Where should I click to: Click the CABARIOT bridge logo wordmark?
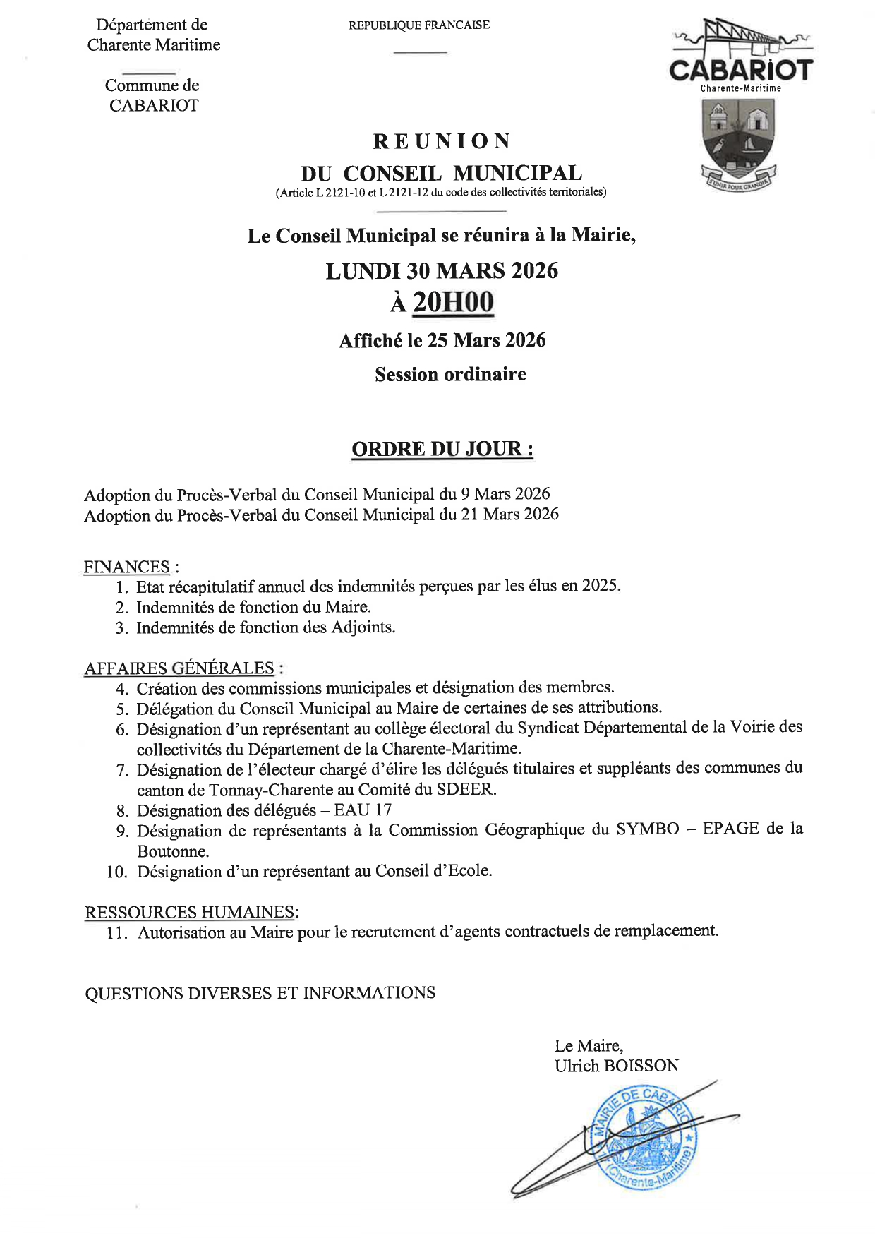[x=740, y=70]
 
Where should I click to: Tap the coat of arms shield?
[x=738, y=137]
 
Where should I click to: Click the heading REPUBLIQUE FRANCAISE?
[x=418, y=25]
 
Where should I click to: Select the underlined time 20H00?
[x=452, y=302]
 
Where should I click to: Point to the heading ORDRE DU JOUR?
[x=442, y=449]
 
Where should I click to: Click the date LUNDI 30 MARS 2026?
[x=442, y=271]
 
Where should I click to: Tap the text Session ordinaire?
[x=450, y=374]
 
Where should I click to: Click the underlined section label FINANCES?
[x=127, y=567]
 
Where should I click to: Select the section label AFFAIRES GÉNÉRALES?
[x=179, y=668]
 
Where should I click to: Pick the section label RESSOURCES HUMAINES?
[x=189, y=912]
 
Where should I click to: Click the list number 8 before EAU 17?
[x=122, y=811]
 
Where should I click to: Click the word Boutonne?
[x=173, y=851]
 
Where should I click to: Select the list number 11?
[x=117, y=933]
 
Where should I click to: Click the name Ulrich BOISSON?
[x=616, y=1066]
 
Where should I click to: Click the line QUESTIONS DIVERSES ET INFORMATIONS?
[x=260, y=993]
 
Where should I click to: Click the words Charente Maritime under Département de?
[x=154, y=45]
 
